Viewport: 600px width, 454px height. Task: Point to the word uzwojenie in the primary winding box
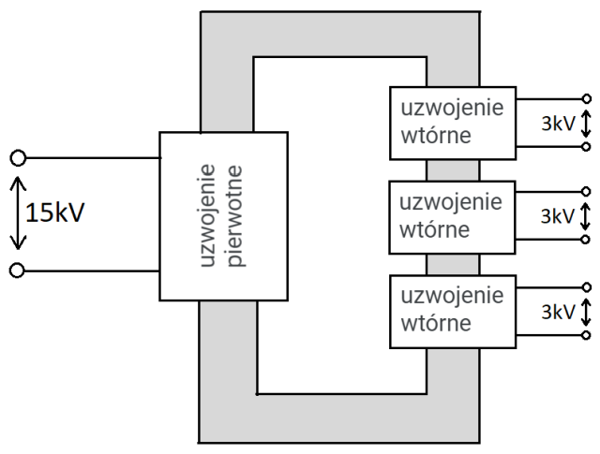(x=210, y=214)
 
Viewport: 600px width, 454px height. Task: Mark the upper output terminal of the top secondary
(x=587, y=97)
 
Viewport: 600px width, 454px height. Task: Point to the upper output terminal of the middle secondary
(x=587, y=191)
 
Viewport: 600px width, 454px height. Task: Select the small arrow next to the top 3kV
(x=587, y=122)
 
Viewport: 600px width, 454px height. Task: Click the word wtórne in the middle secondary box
(x=434, y=229)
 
